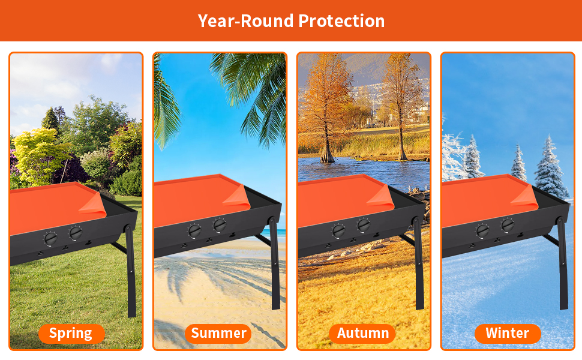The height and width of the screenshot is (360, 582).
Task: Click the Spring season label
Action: coord(71,334)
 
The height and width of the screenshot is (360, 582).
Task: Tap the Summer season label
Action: coord(218,334)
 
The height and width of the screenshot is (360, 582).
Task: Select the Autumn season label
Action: coord(362,334)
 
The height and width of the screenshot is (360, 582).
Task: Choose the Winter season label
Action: coord(508,334)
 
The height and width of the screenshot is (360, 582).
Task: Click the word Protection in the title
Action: coord(341,21)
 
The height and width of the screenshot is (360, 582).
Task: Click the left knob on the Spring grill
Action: coord(50,238)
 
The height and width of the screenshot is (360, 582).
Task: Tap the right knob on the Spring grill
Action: coord(76,233)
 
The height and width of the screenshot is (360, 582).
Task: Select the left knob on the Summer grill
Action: coord(194,231)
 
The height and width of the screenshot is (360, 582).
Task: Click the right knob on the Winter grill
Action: coord(508,225)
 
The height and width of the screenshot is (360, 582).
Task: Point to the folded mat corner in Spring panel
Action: coord(93,205)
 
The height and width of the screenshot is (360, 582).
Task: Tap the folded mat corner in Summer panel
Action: coord(237,197)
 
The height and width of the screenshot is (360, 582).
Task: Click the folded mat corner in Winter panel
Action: coord(524,197)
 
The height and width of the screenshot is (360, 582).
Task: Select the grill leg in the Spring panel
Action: coord(131,271)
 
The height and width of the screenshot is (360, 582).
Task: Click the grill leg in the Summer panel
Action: coord(275,263)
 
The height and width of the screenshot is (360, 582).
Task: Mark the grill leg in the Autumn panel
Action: coord(419,263)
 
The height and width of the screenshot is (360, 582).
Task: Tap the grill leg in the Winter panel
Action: coord(563,263)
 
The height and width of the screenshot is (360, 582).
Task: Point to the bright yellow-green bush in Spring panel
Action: coord(39,154)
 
